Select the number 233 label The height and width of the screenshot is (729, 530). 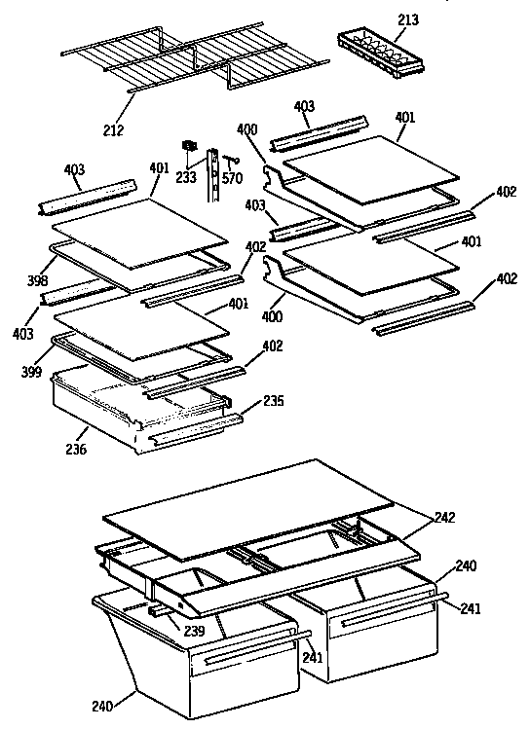tap(185, 177)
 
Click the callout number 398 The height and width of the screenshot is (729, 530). tap(38, 281)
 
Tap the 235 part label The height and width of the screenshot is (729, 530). tap(274, 401)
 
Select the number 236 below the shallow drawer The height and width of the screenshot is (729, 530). tap(76, 450)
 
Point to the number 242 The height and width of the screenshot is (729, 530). tap(445, 518)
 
